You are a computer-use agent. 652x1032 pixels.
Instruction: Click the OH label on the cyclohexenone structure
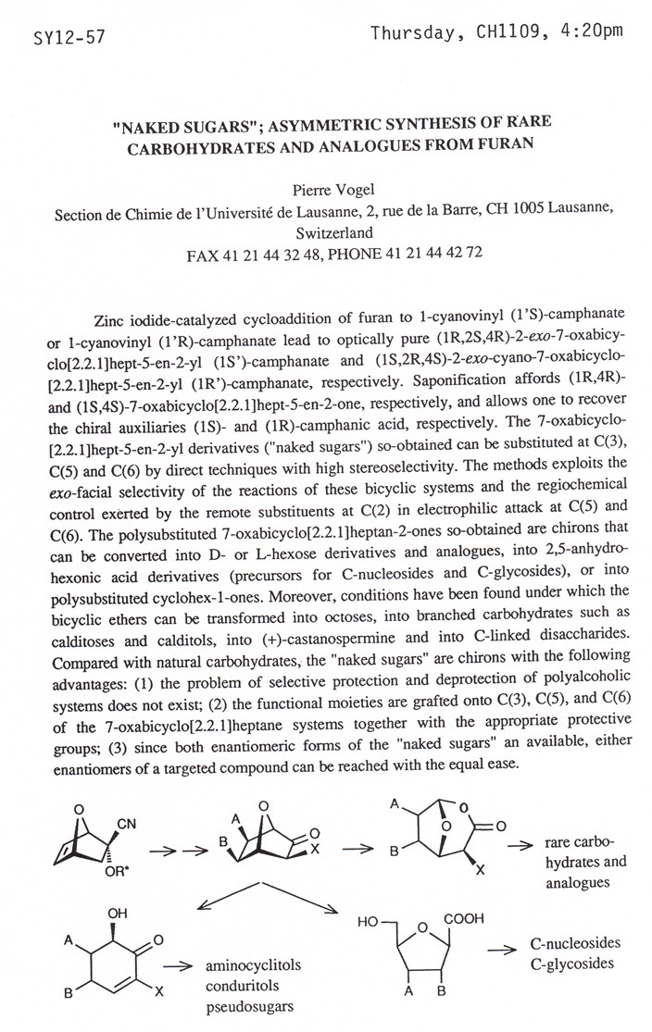pyautogui.click(x=118, y=914)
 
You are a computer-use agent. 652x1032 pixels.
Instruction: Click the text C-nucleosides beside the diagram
pyautogui.click(x=575, y=943)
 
